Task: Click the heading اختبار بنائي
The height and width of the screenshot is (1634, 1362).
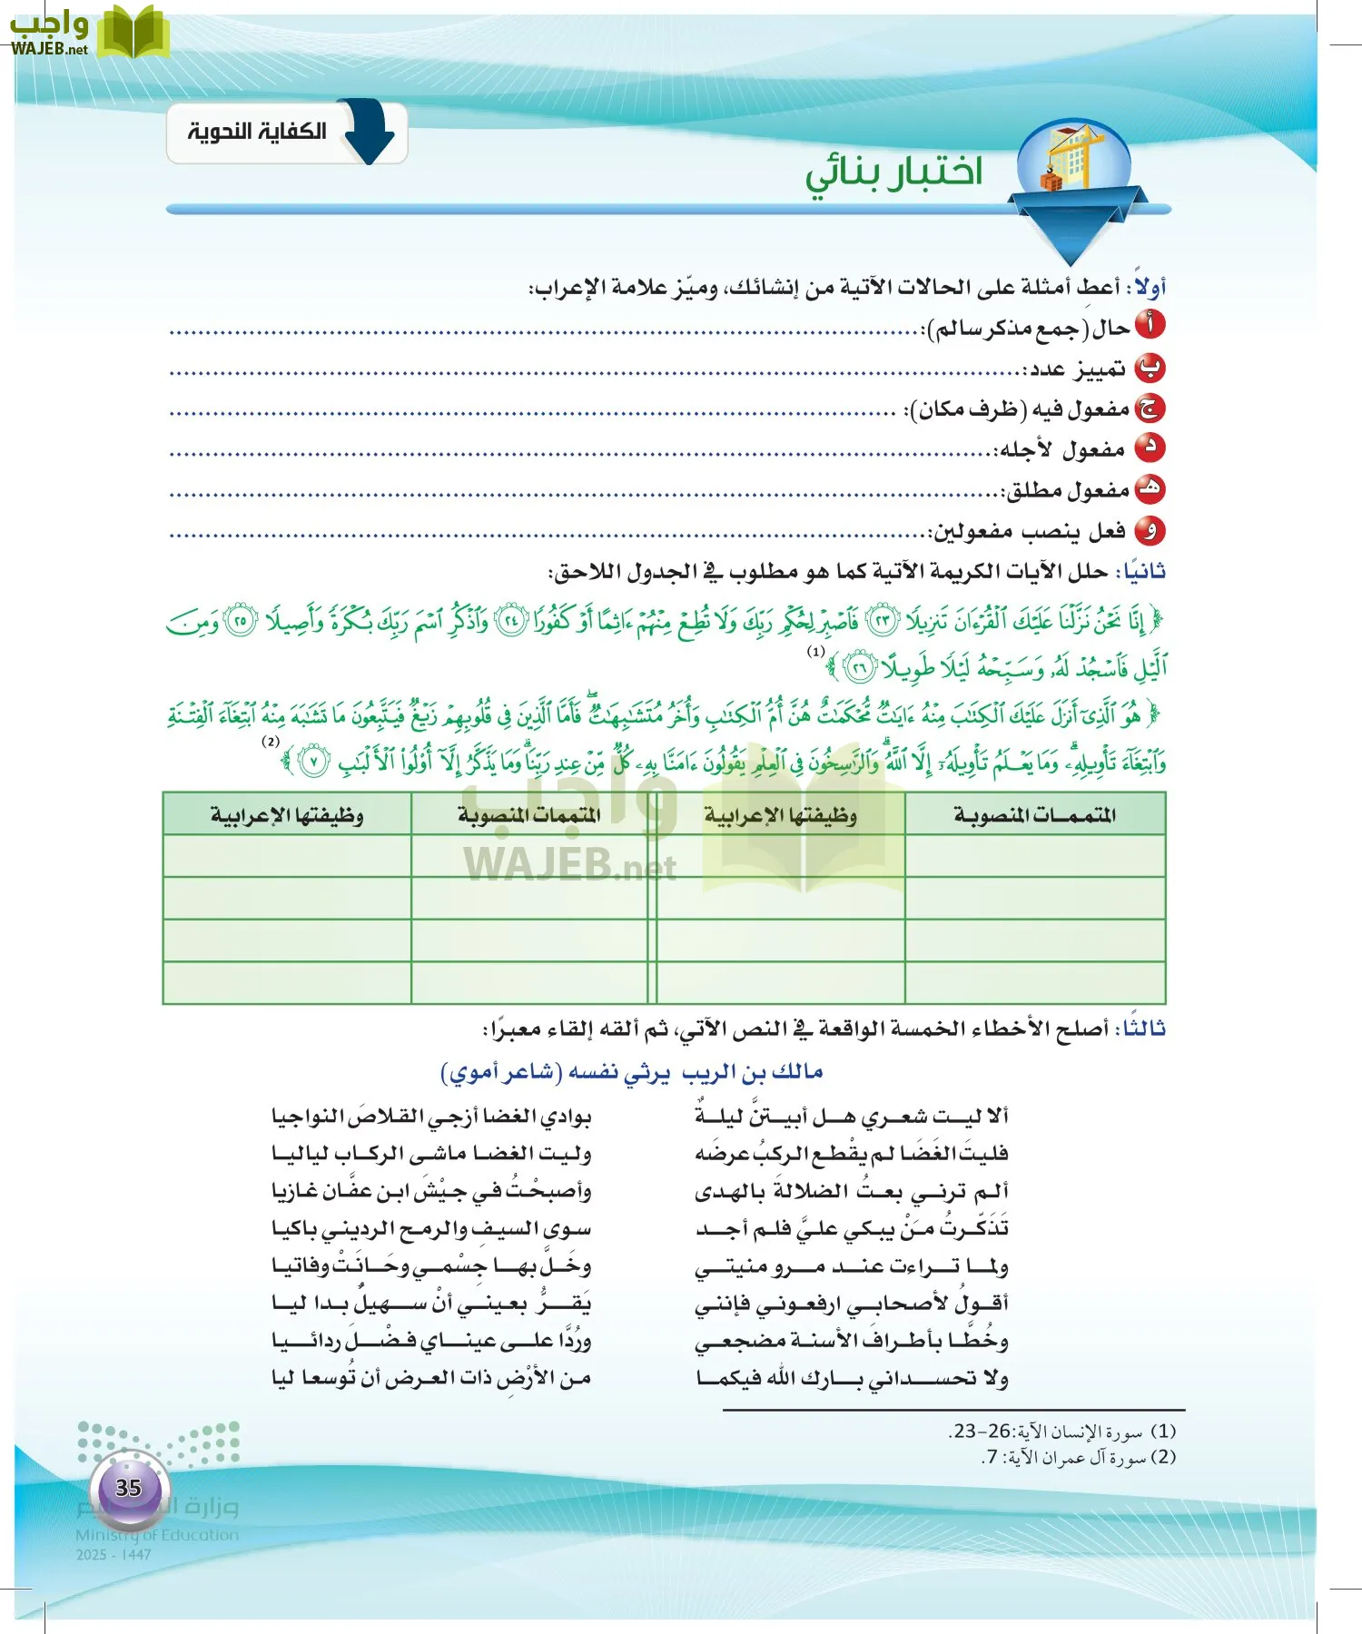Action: pyautogui.click(x=893, y=172)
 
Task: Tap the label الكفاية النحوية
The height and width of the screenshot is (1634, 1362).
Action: pyautogui.click(x=257, y=133)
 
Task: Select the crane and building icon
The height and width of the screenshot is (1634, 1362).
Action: pyautogui.click(x=1074, y=161)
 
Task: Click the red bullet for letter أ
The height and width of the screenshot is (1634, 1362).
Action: pyautogui.click(x=1150, y=326)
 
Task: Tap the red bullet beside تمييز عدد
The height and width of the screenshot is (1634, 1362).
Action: pyautogui.click(x=1150, y=368)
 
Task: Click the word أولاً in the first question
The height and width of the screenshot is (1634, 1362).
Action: pyautogui.click(x=1150, y=288)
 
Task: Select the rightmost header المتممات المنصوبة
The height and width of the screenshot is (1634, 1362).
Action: pyautogui.click(x=1034, y=814)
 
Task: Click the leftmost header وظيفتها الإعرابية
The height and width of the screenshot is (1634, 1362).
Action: pyautogui.click(x=287, y=814)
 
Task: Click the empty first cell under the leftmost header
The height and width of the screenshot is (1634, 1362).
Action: pyautogui.click(x=287, y=855)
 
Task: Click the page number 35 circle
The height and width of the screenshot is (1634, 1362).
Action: pyautogui.click(x=128, y=1488)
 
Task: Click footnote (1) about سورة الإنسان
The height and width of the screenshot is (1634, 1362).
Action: pyautogui.click(x=1062, y=1432)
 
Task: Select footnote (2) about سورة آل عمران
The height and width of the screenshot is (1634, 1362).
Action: pyautogui.click(x=1079, y=1457)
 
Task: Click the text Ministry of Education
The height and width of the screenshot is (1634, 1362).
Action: pyautogui.click(x=156, y=1535)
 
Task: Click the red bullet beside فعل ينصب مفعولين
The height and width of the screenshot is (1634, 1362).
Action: pyautogui.click(x=1150, y=531)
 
